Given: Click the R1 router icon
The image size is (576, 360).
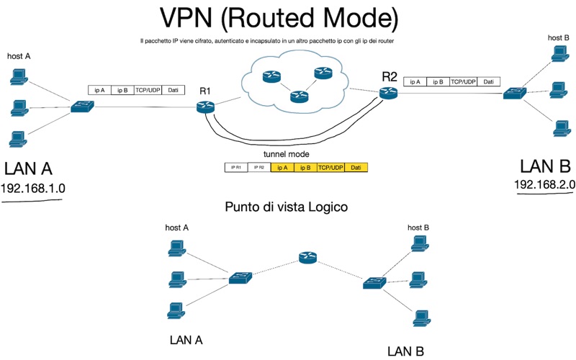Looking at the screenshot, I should click(206, 107).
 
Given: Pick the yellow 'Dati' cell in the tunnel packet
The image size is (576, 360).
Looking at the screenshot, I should click(356, 167).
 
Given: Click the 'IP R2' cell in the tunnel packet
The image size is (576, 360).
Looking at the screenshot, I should click(258, 167).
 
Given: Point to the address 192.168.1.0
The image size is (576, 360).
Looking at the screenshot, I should click(33, 189).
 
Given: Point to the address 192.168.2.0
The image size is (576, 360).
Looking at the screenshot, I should click(544, 185).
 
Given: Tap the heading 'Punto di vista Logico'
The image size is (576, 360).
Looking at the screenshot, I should click(287, 207).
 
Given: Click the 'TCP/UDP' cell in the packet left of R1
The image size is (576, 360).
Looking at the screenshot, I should click(148, 90).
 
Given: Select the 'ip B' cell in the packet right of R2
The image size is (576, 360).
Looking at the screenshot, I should click(438, 82).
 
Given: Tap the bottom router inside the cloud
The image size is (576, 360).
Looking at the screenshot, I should click(294, 96).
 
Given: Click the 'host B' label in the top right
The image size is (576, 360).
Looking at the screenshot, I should click(558, 37).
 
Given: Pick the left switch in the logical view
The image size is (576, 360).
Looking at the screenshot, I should click(239, 277).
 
